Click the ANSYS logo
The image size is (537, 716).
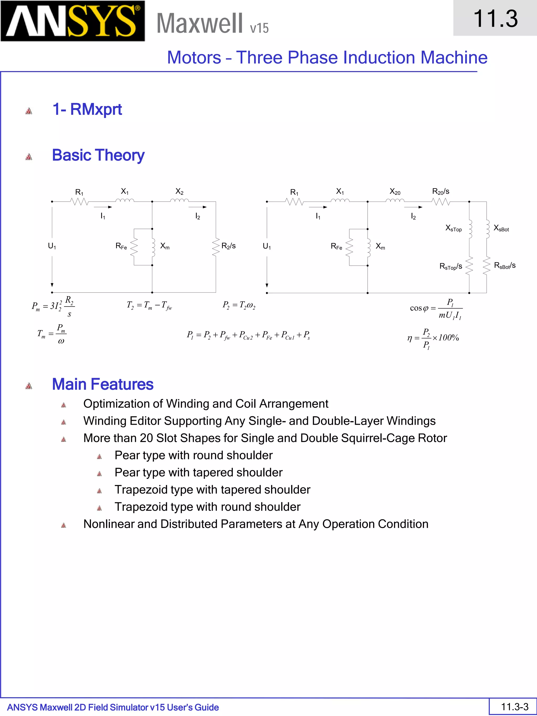(x=73, y=21)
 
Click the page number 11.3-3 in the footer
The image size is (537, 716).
(x=514, y=706)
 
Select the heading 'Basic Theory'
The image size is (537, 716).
(x=98, y=155)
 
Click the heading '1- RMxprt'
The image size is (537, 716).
(x=87, y=109)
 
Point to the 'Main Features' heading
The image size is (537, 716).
(x=103, y=384)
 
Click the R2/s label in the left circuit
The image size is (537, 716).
(x=228, y=246)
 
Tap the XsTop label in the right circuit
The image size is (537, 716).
(x=454, y=228)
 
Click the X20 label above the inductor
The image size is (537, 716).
(x=395, y=192)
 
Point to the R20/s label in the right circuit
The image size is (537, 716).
(x=441, y=192)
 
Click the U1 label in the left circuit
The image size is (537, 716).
(x=52, y=246)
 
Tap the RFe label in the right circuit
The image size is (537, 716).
(x=336, y=247)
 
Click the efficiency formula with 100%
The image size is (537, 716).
(x=433, y=338)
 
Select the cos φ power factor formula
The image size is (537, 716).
(x=436, y=309)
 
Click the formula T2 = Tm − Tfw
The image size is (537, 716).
(x=149, y=305)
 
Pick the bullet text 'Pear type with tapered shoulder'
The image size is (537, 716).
(x=198, y=473)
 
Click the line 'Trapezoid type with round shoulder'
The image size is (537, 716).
(x=207, y=507)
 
